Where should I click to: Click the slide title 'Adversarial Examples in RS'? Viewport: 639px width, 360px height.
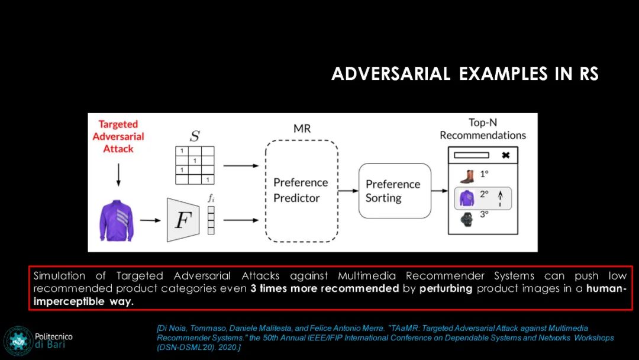click(x=465, y=74)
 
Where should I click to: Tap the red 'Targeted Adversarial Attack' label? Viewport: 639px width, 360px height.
click(x=118, y=136)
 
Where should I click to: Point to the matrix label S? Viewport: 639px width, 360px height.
click(x=194, y=137)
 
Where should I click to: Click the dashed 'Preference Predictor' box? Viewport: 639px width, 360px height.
click(x=301, y=190)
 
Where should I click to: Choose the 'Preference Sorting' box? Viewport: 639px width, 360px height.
click(x=395, y=191)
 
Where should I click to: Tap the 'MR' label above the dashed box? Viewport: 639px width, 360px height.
click(x=302, y=128)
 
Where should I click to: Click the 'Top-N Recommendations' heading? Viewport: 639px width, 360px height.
click(x=482, y=129)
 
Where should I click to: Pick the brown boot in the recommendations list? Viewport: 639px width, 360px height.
click(x=467, y=176)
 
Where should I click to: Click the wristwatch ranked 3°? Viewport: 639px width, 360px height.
click(x=467, y=219)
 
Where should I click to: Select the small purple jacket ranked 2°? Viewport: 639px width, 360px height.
click(x=467, y=198)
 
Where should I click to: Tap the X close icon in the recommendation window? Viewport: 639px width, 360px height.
click(x=505, y=155)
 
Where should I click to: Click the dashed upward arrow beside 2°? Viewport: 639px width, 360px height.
click(x=500, y=198)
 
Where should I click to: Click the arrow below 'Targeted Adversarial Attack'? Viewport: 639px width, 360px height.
click(x=118, y=174)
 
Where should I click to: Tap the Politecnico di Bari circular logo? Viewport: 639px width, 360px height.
click(x=18, y=340)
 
